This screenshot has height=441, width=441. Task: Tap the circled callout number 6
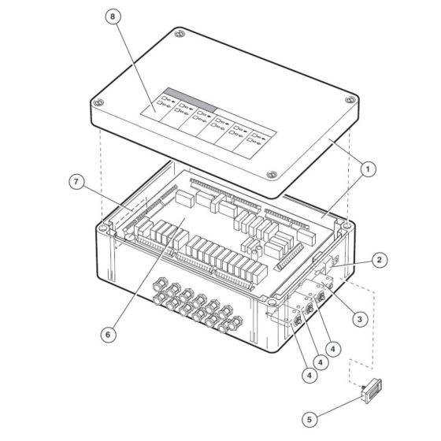click(x=109, y=333)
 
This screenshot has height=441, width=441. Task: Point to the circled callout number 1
click(x=368, y=167)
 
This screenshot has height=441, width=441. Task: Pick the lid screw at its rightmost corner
click(x=347, y=101)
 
